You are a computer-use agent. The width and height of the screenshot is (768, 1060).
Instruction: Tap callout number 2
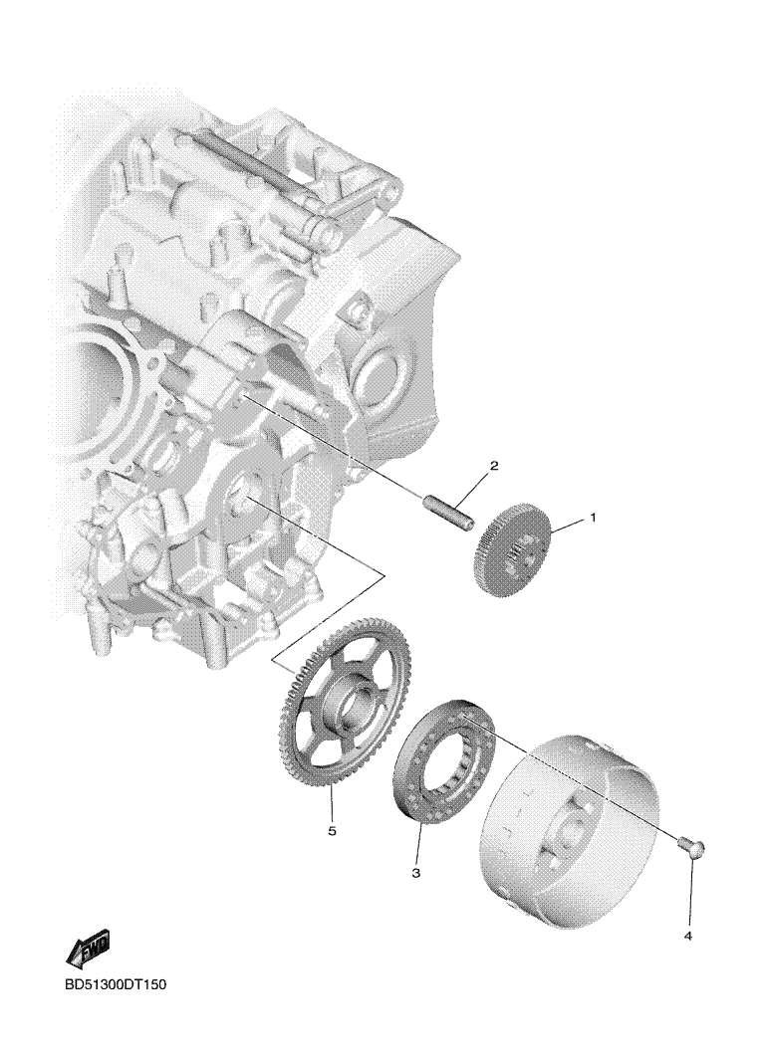(494, 466)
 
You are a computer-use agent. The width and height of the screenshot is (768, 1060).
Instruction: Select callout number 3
(415, 874)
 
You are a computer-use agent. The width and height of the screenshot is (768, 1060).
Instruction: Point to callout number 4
(688, 937)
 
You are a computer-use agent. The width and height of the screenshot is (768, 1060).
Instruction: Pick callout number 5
(332, 831)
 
